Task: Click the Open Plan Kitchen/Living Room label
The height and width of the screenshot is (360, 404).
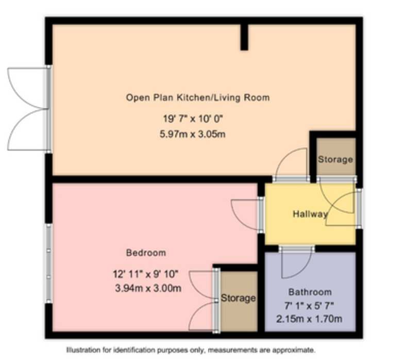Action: [198, 98]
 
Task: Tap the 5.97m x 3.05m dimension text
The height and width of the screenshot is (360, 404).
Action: [193, 134]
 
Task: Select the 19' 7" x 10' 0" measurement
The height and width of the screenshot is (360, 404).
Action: [193, 119]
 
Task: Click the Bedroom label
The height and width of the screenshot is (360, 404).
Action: [146, 253]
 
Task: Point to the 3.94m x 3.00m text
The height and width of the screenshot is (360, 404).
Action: [148, 288]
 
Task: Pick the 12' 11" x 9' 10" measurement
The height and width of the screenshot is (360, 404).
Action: [145, 274]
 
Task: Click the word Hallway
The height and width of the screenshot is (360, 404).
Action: [310, 214]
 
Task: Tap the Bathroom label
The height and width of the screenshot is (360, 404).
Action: [310, 292]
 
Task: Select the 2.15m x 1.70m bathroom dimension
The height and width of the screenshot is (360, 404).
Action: [309, 319]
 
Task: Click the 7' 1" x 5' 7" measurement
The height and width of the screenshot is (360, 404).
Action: [309, 306]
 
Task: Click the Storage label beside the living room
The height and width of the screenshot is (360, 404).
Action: [335, 159]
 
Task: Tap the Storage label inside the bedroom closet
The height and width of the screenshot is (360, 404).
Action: [238, 298]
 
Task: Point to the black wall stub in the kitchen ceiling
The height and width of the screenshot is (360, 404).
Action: [244, 37]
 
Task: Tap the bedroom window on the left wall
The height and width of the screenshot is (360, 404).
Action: [48, 263]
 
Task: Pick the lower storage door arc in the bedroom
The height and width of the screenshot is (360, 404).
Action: [196, 310]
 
